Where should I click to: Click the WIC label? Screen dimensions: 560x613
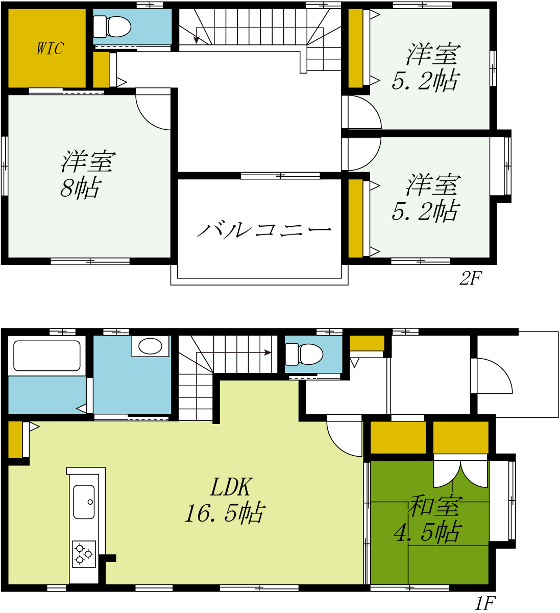tap(51, 49)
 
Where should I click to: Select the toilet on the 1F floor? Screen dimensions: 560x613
tap(304, 354)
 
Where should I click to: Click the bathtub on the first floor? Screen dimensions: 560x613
tap(47, 356)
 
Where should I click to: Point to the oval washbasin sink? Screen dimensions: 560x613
tap(150, 346)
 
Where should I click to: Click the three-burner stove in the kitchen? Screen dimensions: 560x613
tap(84, 554)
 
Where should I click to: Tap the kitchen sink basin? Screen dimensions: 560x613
tap(84, 502)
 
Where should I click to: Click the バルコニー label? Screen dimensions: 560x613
tap(264, 229)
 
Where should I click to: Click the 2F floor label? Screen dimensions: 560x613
tap(471, 278)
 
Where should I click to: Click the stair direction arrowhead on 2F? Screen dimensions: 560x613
tap(197, 40)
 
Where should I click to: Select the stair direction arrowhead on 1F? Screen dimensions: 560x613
tap(267, 352)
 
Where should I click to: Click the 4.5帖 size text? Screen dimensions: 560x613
tap(428, 532)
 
